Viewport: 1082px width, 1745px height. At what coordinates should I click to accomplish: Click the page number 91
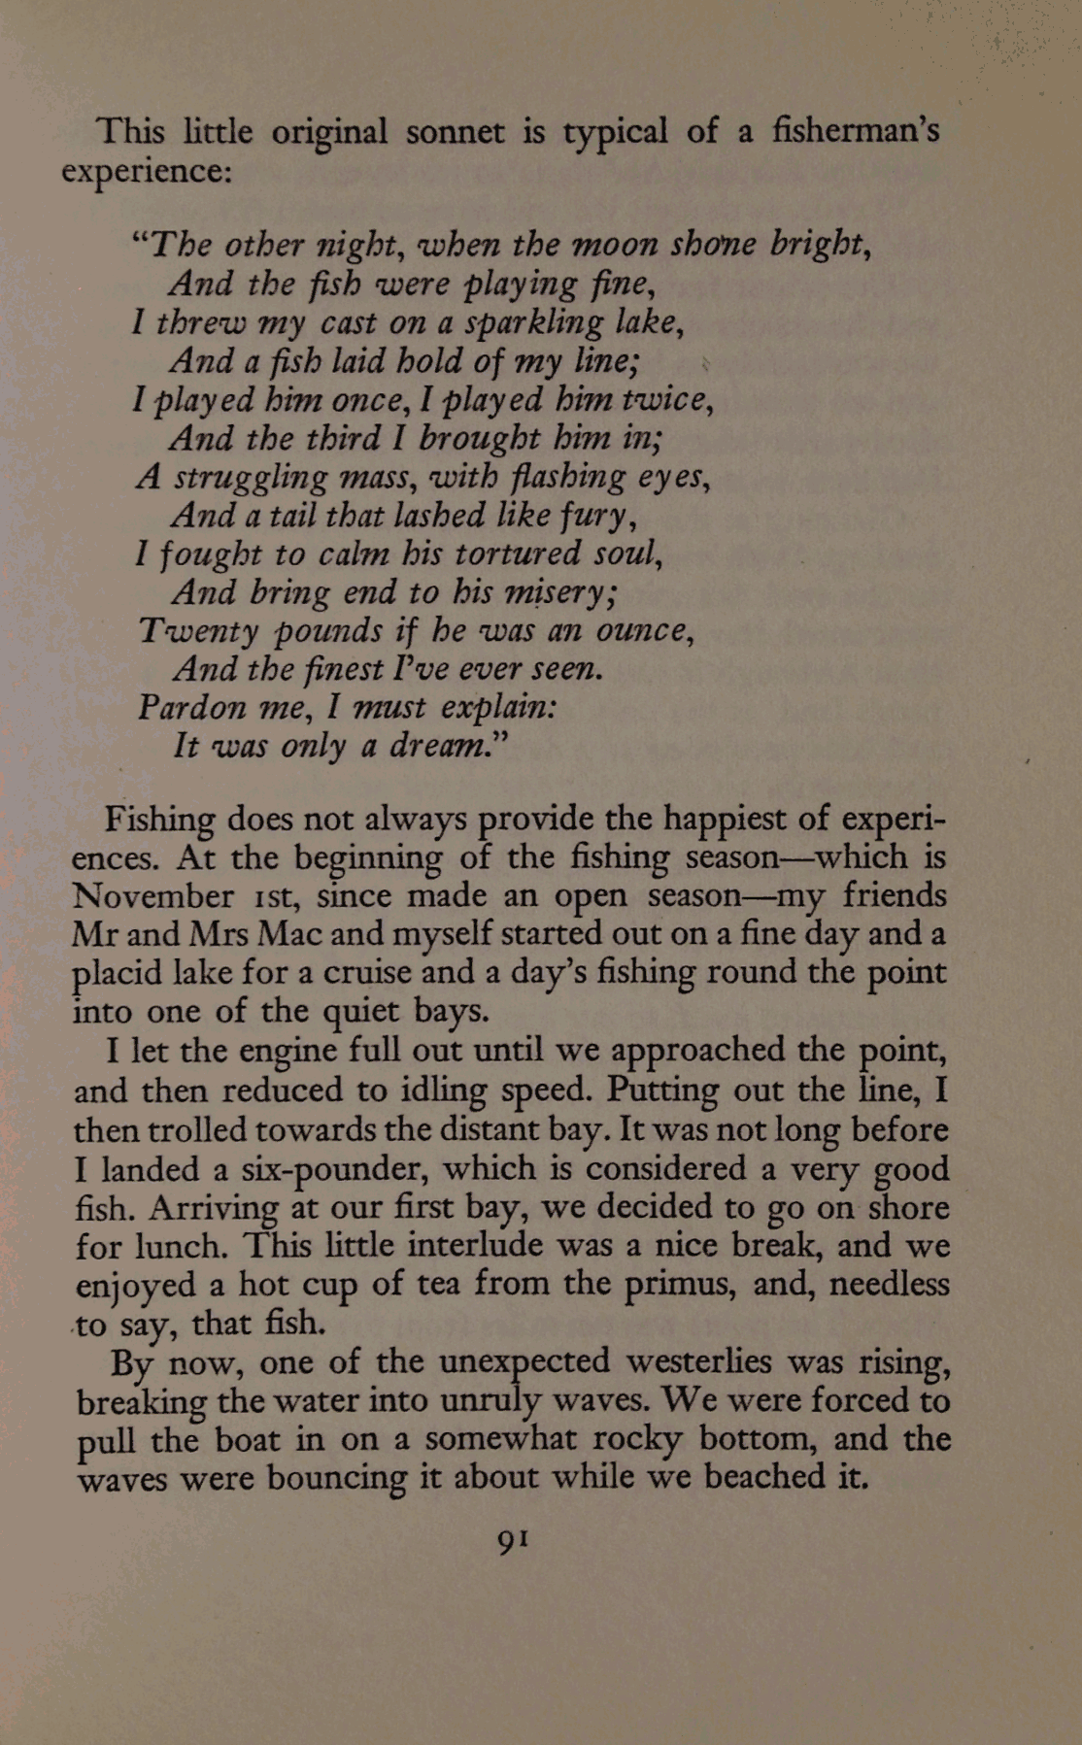pos(512,1539)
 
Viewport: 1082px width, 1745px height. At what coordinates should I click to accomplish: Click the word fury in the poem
pos(598,516)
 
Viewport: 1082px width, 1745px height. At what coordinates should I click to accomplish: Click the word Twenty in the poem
pos(199,631)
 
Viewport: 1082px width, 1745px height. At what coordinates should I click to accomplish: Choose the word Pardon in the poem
pos(192,707)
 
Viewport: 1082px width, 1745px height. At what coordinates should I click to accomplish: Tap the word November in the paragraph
pos(152,895)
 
